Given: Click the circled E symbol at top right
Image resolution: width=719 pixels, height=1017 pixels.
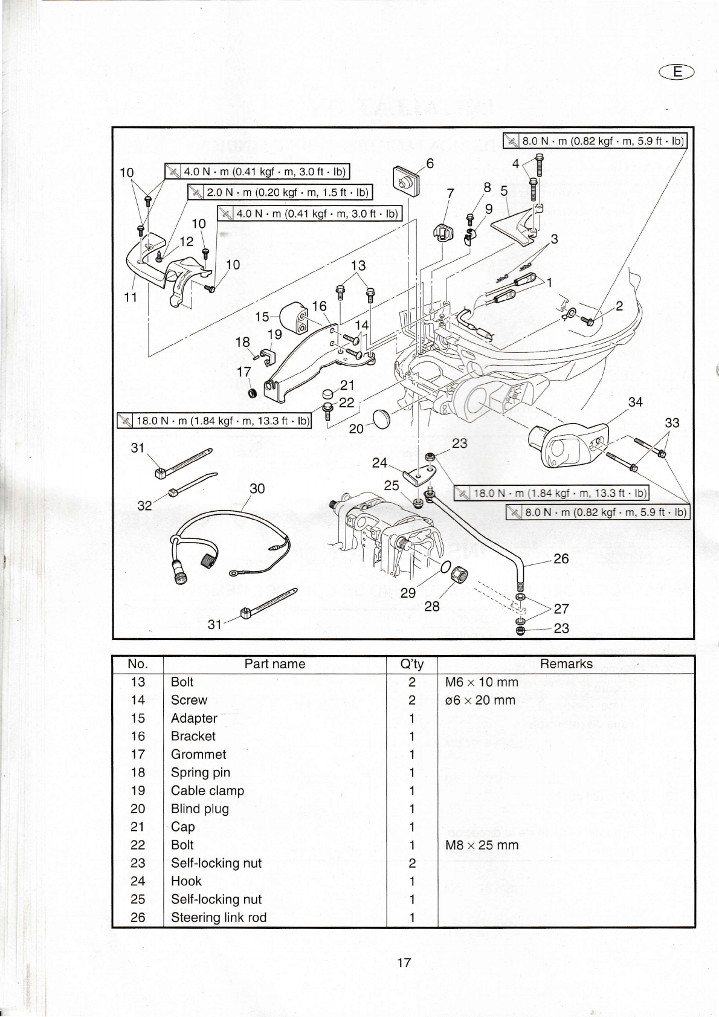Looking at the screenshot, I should [677, 72].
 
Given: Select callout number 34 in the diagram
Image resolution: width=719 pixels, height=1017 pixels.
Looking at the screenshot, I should [635, 402].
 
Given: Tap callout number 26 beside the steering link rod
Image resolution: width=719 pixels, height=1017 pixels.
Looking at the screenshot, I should [561, 558].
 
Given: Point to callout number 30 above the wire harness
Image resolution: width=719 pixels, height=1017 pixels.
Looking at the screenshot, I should [257, 488].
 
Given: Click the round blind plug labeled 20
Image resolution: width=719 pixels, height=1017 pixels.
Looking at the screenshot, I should [382, 419].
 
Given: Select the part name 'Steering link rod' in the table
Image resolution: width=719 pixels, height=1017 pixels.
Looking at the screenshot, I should [218, 917].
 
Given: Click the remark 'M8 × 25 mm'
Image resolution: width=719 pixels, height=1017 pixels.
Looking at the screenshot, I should [482, 845].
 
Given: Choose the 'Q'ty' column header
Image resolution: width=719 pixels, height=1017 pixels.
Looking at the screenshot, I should [411, 664].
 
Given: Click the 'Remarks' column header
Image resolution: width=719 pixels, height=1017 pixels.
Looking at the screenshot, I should [566, 664].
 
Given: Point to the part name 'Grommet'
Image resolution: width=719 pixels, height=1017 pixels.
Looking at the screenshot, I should [198, 754].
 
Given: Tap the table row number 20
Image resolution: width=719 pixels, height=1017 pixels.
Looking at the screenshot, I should [138, 809].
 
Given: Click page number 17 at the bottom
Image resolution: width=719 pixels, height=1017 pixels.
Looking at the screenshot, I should [404, 963].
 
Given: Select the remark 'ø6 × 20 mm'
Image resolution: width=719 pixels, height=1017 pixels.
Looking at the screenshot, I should [480, 700].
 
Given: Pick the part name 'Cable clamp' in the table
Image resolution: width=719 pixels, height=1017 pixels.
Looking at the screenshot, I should [207, 790].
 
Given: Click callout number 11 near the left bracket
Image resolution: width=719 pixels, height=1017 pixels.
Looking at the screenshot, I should [131, 297].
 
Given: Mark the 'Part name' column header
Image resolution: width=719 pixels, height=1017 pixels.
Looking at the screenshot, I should [274, 664].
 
